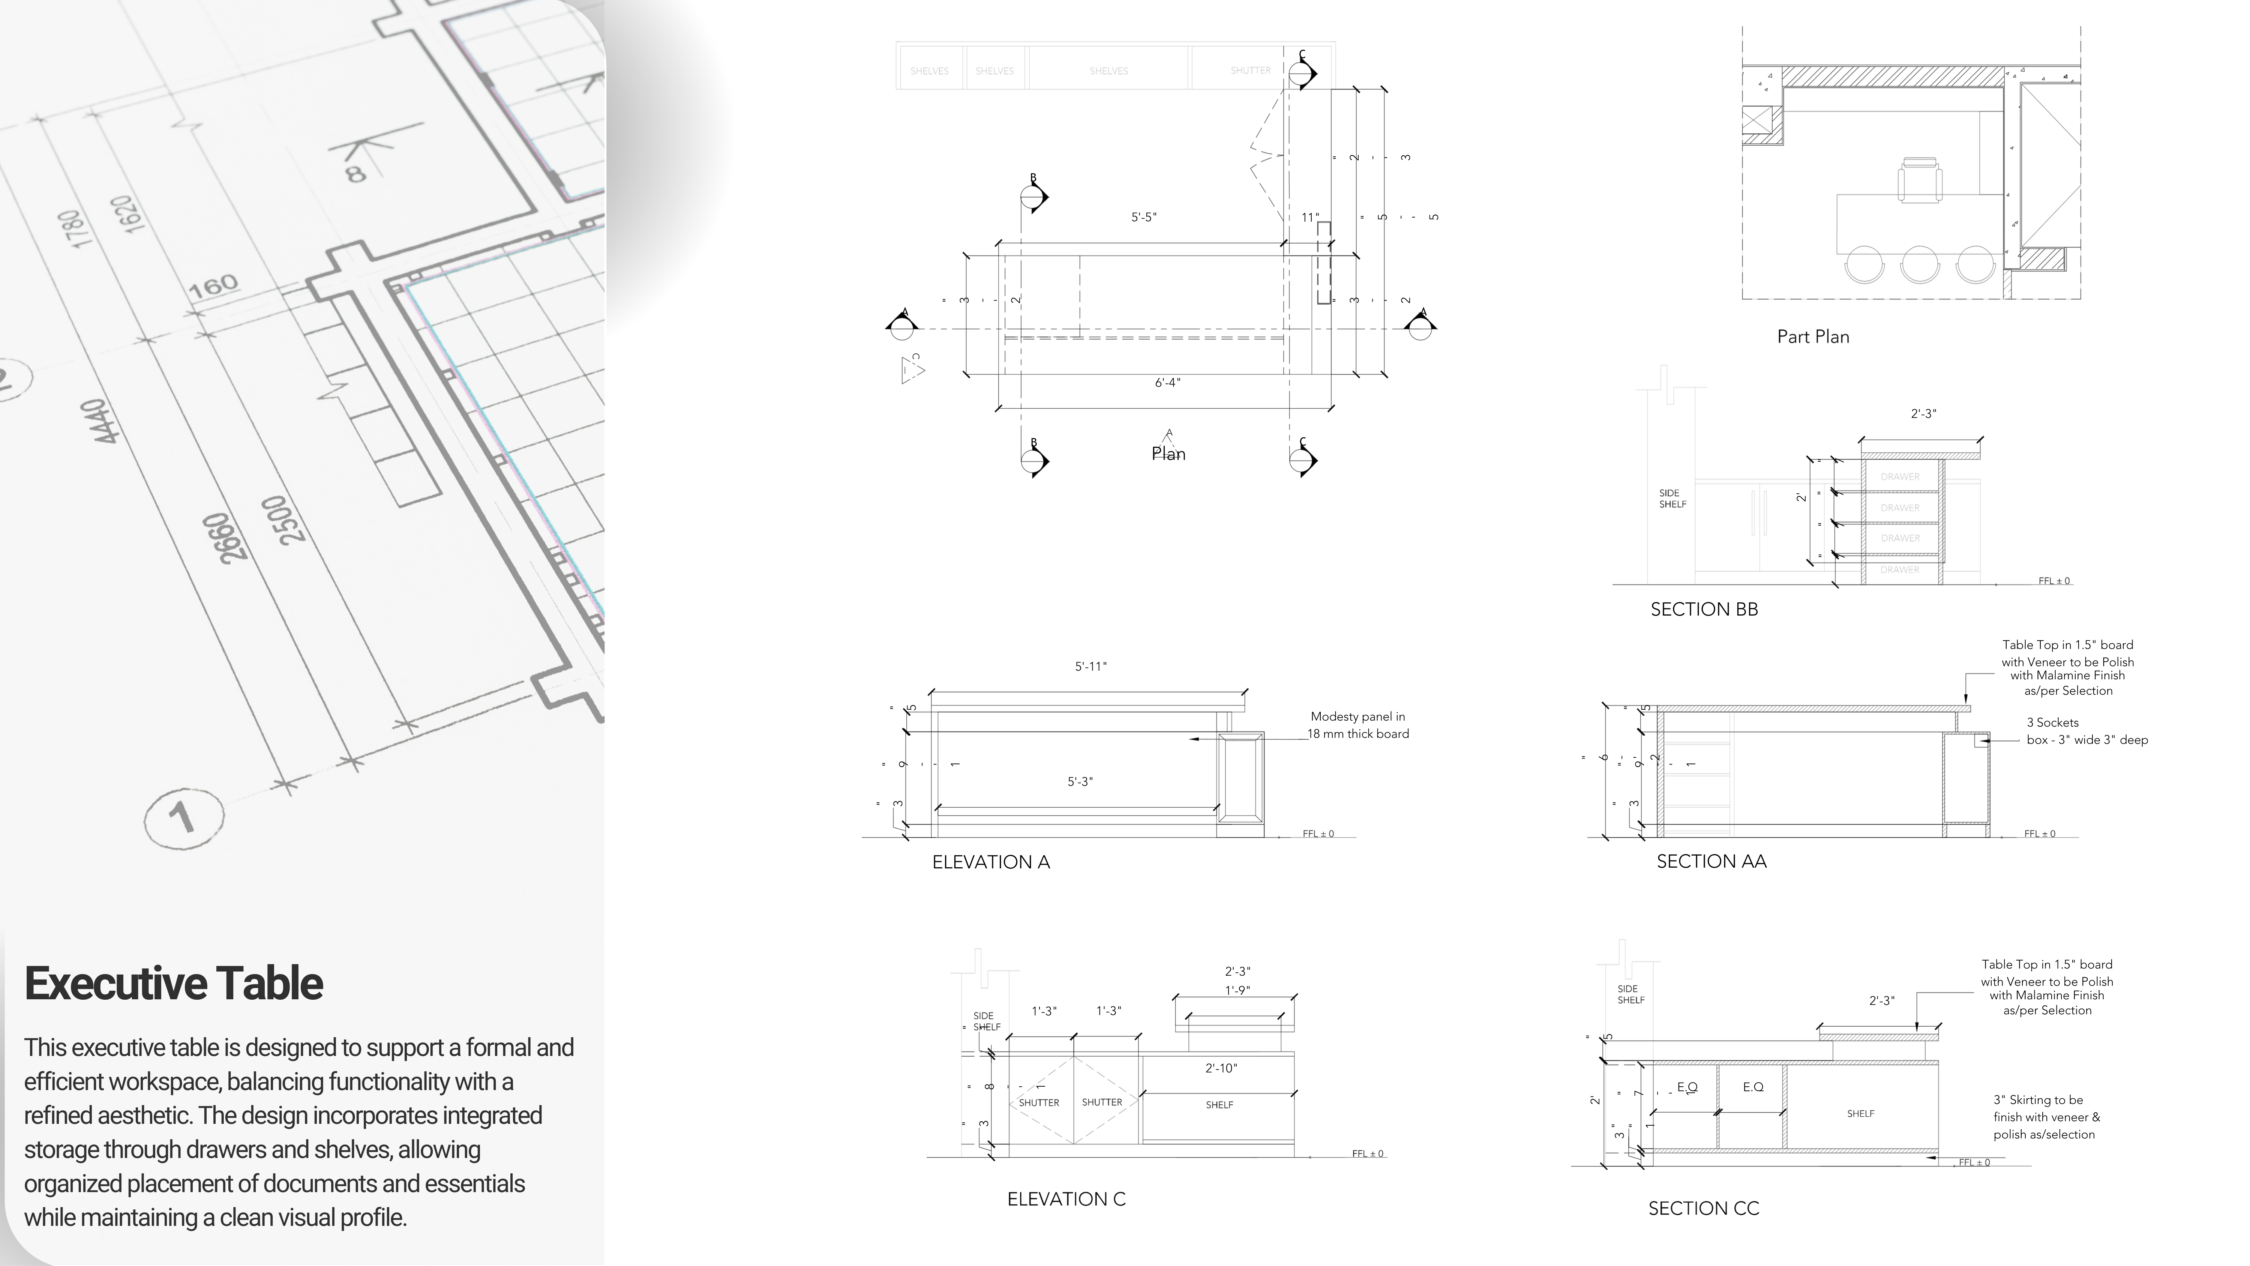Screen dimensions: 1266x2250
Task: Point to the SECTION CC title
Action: click(1703, 1208)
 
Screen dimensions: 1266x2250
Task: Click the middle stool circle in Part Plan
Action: click(1920, 264)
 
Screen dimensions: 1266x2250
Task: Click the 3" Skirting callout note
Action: click(2046, 1117)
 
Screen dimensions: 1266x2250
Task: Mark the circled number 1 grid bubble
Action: click(183, 818)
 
